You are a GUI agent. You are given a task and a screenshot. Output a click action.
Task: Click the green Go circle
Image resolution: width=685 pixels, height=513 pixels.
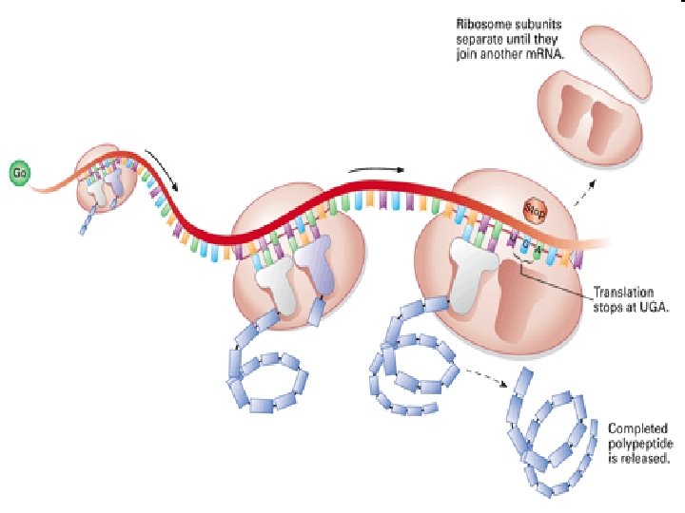[x=18, y=173]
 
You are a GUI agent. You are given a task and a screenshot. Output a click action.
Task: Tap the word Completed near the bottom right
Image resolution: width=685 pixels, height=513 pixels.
[x=638, y=428]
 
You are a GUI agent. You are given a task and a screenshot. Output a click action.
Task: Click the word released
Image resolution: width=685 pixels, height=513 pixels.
[x=653, y=458]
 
